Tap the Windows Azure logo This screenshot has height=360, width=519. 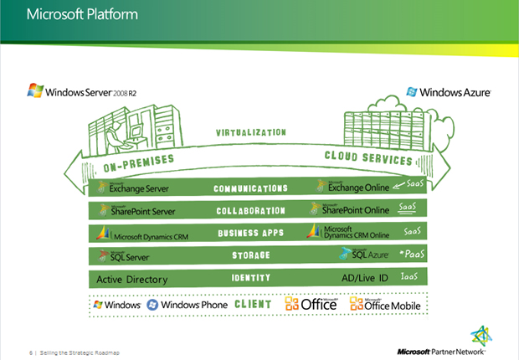[x=449, y=92]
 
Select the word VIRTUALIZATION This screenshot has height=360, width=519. [x=251, y=132]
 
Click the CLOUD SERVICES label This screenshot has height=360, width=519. [x=367, y=159]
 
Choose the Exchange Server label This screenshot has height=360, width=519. [x=134, y=188]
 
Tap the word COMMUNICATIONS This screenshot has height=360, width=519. [x=250, y=189]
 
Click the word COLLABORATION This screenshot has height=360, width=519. [x=251, y=211]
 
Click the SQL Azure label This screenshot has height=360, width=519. [x=347, y=255]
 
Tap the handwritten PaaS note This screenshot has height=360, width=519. [x=409, y=254]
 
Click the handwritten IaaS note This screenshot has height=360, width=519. [x=409, y=276]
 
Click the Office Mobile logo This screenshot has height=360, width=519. [x=382, y=305]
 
